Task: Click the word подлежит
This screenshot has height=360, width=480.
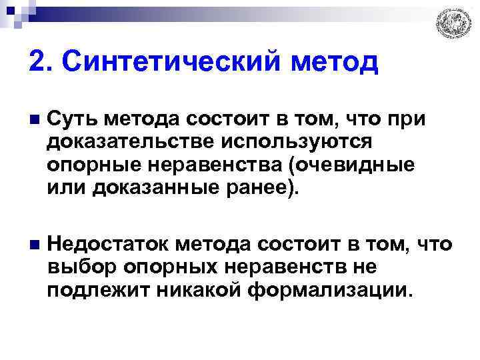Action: [x=89, y=291]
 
